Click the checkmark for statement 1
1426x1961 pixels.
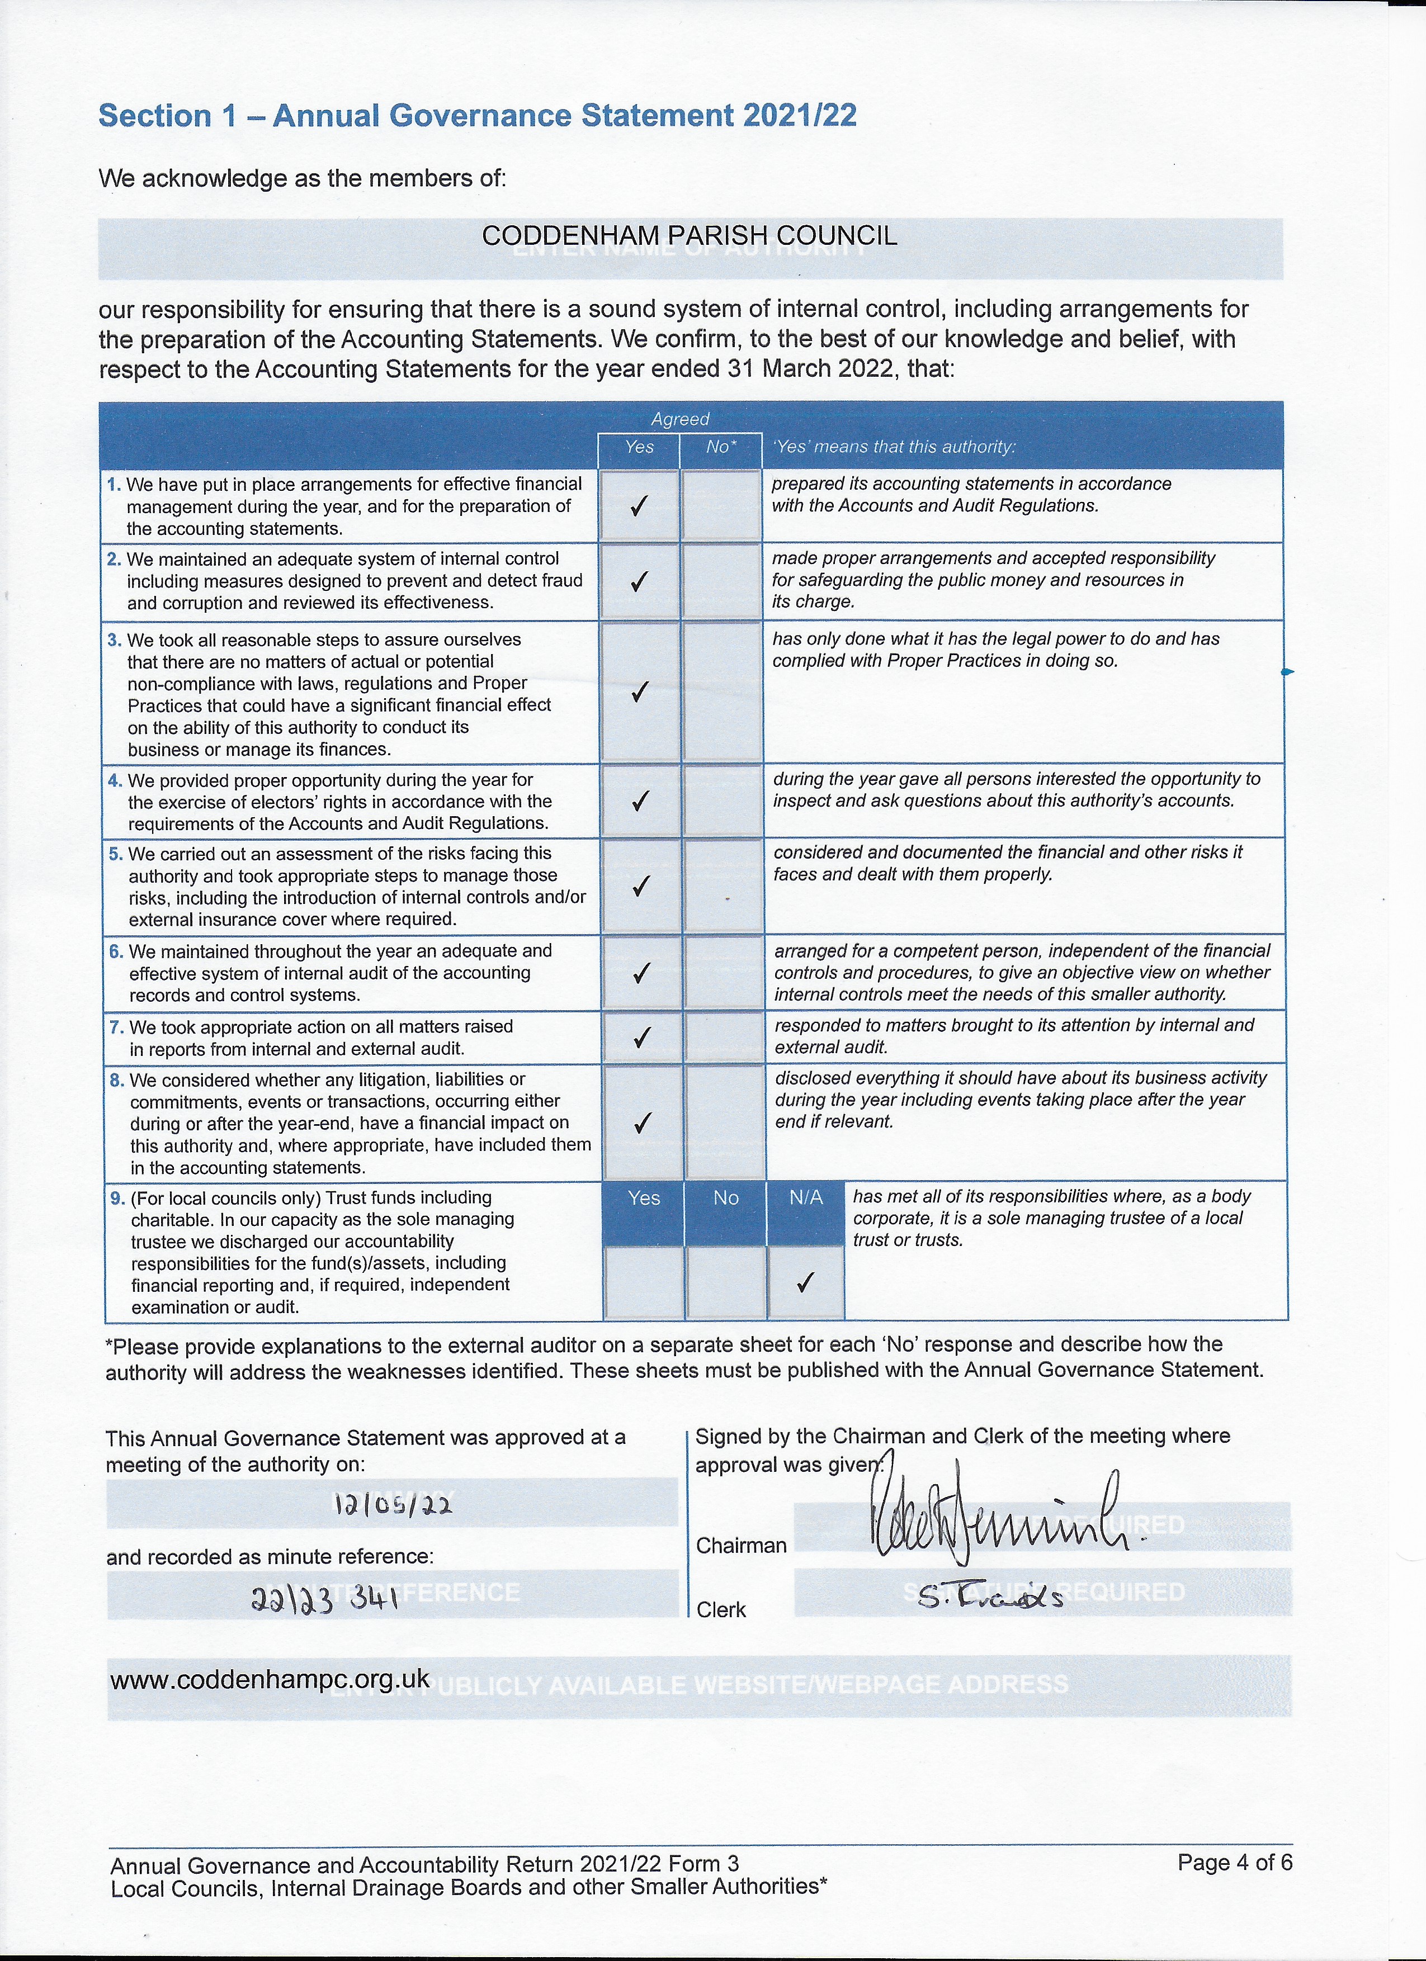[x=639, y=506]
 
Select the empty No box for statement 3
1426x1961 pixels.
[x=721, y=691]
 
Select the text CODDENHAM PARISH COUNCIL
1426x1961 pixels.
[x=689, y=235]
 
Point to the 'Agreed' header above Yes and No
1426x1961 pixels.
[x=679, y=419]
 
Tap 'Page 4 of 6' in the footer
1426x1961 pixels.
[x=1234, y=1861]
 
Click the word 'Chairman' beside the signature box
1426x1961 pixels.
[x=741, y=1545]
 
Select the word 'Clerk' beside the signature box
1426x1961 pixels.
[x=721, y=1609]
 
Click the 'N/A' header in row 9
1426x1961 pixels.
[x=805, y=1197]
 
